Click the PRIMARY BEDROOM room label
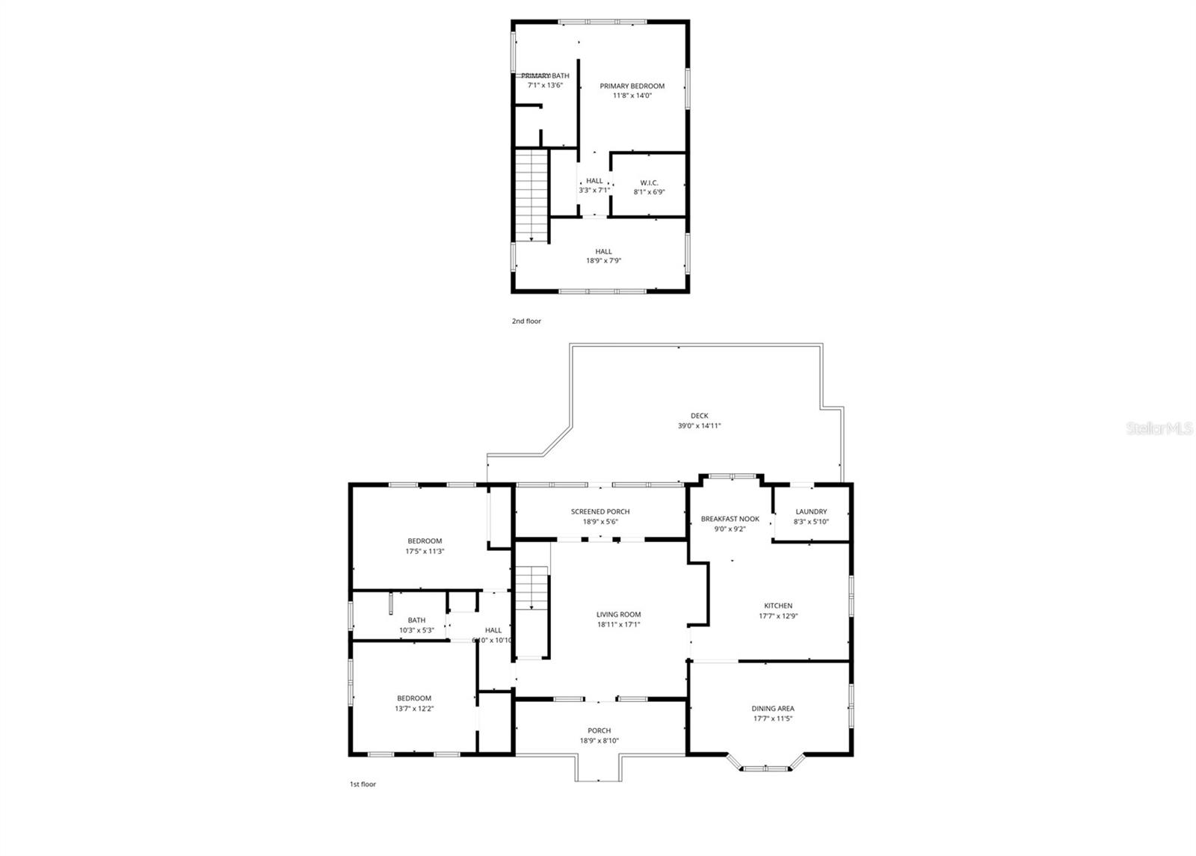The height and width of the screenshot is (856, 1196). (632, 86)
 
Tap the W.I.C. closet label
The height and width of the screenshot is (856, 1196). (649, 182)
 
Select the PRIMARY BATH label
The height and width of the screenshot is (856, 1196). (545, 76)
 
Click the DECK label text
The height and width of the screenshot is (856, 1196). (699, 416)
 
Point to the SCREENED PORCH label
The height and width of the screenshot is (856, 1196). (600, 511)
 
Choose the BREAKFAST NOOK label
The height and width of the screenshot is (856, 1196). (730, 519)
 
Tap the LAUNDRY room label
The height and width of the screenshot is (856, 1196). (811, 511)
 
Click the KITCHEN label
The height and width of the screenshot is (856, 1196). (777, 606)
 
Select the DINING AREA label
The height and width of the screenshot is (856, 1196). (773, 708)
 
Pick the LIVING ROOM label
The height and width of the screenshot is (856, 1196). (618, 615)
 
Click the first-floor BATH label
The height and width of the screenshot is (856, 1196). (416, 620)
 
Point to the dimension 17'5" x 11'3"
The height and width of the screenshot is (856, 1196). (425, 551)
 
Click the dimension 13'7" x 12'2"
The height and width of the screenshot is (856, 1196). (414, 708)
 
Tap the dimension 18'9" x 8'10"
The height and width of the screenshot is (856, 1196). (599, 741)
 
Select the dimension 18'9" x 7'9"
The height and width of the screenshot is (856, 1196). (604, 261)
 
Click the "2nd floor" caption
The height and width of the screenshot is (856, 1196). (526, 321)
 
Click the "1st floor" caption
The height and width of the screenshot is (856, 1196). (363, 784)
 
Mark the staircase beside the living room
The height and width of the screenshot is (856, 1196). (531, 609)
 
